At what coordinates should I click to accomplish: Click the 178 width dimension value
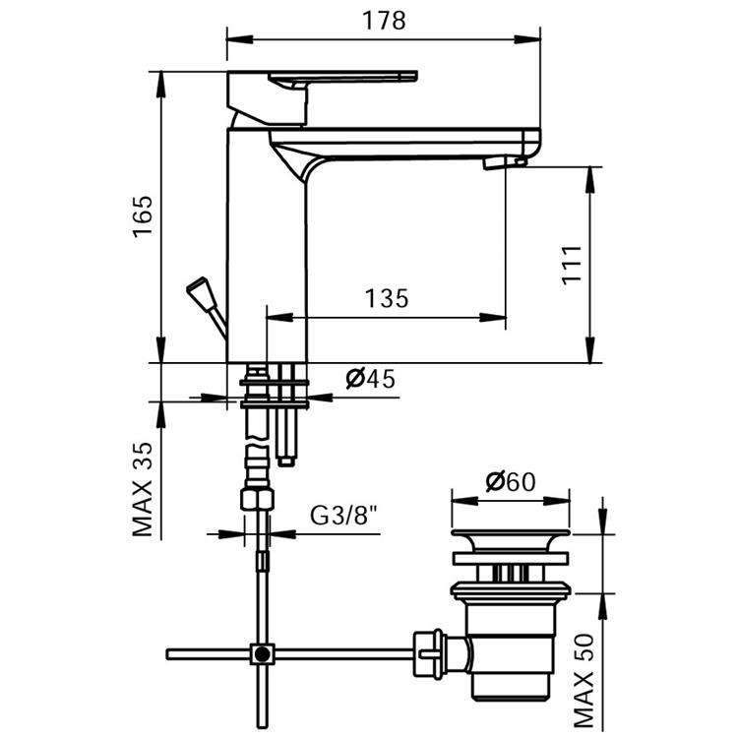coord(384,22)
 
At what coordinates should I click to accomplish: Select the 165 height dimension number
coord(143,216)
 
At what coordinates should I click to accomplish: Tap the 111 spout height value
coord(572,265)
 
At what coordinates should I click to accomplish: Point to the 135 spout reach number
coord(387,298)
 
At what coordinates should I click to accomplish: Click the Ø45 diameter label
coord(370,379)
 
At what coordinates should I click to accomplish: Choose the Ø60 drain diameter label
coord(511,481)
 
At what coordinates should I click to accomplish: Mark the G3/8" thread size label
coord(344,516)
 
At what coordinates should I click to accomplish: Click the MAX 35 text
coord(143,489)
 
